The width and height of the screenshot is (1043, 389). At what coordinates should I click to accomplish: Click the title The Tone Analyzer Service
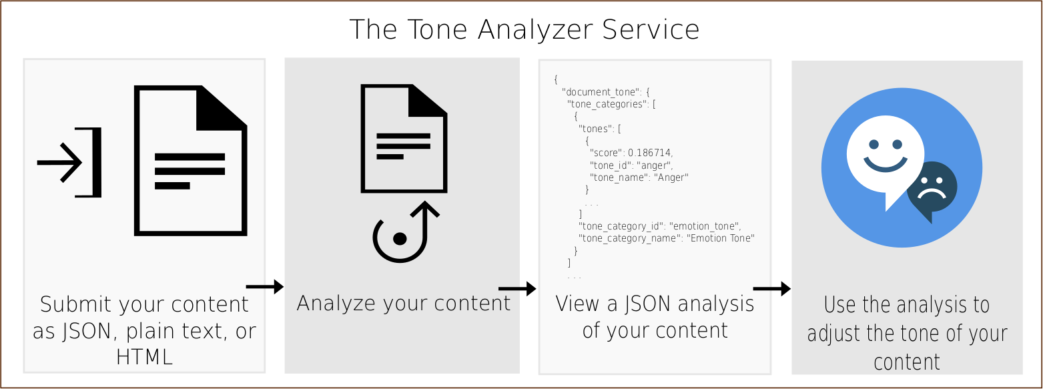(524, 30)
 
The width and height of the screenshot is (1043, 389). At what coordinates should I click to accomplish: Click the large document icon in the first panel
(191, 160)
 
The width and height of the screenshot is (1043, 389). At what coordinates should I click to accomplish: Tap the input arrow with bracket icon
(69, 162)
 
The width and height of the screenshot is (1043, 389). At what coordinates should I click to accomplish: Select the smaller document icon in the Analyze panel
(404, 139)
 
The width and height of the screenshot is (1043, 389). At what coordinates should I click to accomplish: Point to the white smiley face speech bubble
(885, 157)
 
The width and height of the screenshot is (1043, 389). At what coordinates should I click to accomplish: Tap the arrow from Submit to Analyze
(265, 287)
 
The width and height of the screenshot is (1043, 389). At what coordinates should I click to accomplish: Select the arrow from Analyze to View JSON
(517, 289)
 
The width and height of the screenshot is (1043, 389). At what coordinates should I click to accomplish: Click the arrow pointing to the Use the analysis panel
(772, 289)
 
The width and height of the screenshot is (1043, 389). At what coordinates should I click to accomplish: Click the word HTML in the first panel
(145, 357)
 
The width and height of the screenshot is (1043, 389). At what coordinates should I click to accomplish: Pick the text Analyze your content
(404, 303)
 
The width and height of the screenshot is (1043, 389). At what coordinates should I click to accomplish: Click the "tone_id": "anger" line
(631, 165)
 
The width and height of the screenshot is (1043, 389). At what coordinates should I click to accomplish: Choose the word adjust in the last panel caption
(834, 334)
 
